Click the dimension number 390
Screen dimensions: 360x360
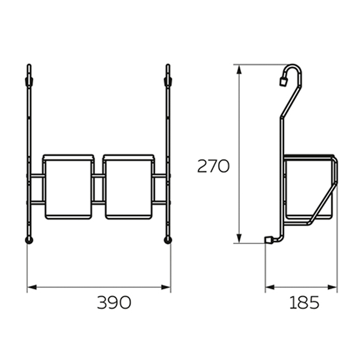pos(114,302)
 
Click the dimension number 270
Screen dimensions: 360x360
pos(213,166)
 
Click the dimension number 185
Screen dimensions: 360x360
pos(304,302)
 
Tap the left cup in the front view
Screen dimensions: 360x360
pos(68,187)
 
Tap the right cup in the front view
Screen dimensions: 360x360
pos(129,187)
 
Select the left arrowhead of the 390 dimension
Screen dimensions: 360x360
pos(32,287)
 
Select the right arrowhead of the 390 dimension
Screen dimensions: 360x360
pos(166,287)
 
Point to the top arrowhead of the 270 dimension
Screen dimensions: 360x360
pos(239,69)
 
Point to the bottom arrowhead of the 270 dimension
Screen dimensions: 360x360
pos(239,238)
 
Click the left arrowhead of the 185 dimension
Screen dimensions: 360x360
pos(270,287)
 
